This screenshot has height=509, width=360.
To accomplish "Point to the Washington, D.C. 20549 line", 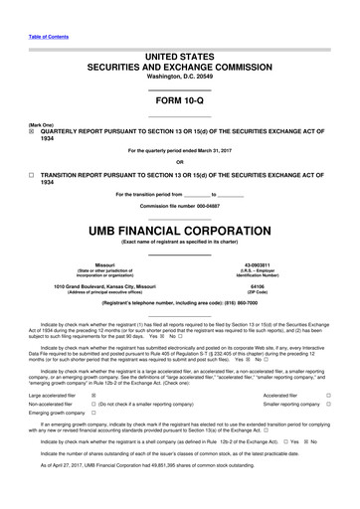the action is pyautogui.click(x=179, y=76).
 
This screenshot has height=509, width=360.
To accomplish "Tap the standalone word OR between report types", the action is pyautogui.click(x=179, y=162).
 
